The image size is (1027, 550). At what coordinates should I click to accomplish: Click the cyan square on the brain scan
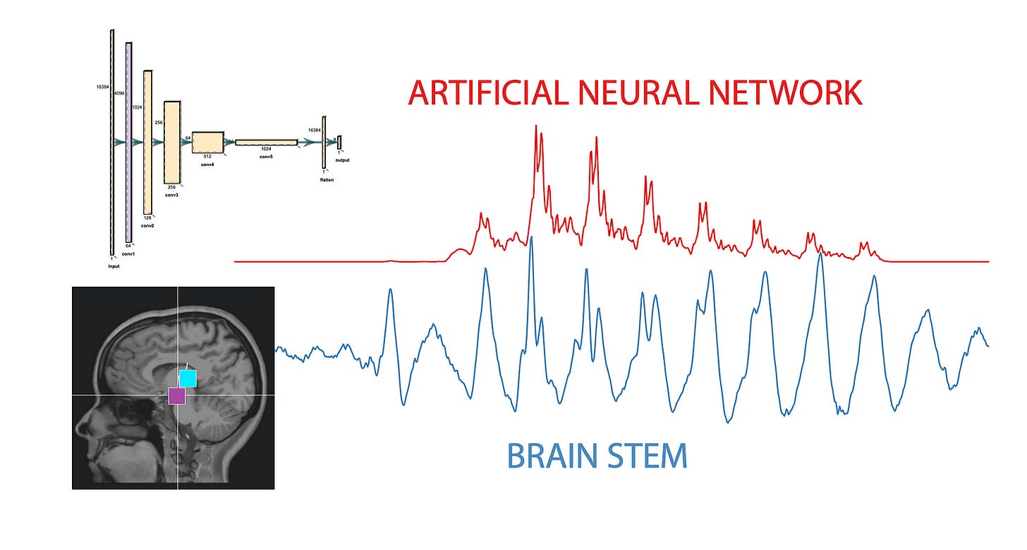point(188,378)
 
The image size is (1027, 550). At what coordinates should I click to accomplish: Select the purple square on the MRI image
point(177,396)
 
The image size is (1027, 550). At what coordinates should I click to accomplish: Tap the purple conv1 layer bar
point(128,142)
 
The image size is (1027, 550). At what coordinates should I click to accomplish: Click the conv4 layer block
point(208,142)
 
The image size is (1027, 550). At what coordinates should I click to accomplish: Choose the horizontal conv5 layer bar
point(266,143)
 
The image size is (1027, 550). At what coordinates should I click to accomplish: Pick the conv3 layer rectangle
point(172,142)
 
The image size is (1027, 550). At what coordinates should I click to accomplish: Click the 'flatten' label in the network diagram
point(326,180)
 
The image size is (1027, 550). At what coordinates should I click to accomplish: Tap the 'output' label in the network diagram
point(342,160)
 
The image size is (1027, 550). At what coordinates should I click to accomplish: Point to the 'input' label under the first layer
point(114,267)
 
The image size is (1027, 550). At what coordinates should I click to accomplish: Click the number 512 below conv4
point(208,157)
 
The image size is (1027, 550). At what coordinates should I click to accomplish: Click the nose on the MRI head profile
point(80,426)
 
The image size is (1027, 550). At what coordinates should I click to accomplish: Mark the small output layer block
point(339,142)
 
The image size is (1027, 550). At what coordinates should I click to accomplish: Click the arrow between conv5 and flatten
point(309,143)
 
